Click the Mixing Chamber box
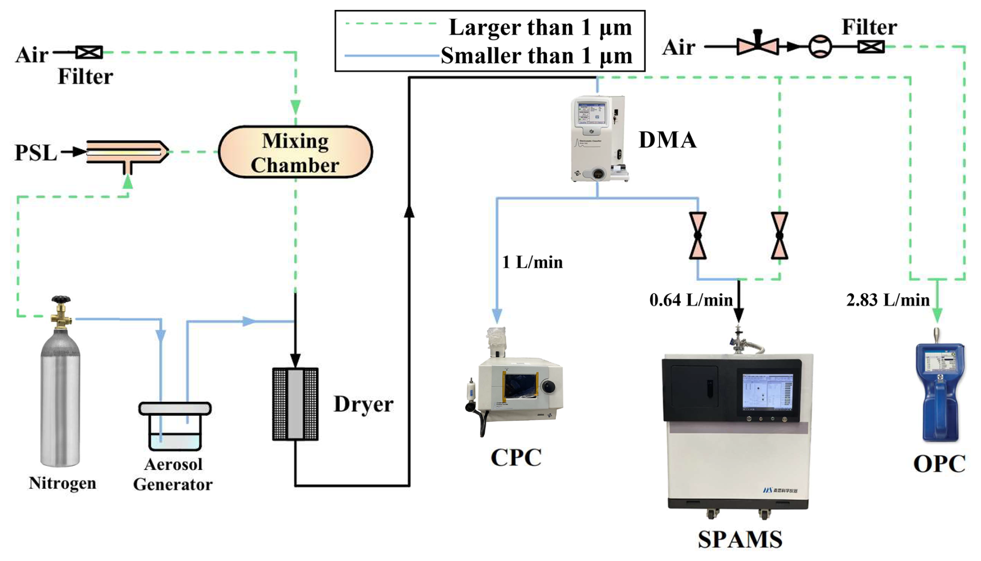(x=295, y=152)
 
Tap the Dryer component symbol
(x=295, y=404)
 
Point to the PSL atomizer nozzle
(x=128, y=152)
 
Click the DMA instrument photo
(x=599, y=138)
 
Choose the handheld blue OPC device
(x=939, y=391)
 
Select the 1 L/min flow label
(x=532, y=262)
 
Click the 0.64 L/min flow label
(x=691, y=300)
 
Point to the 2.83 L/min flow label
(x=888, y=300)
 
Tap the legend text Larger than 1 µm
(x=540, y=27)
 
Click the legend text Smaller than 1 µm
(x=536, y=56)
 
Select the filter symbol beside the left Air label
(x=89, y=52)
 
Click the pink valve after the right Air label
(x=757, y=46)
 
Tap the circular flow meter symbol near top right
(x=820, y=47)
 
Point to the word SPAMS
(x=739, y=540)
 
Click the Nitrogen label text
(x=62, y=483)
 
